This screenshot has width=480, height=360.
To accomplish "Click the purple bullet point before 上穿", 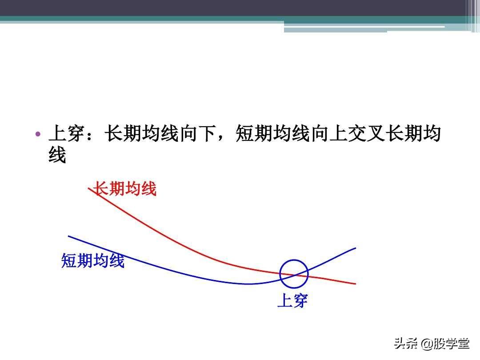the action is (38, 134).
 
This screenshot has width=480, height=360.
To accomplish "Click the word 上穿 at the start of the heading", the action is (66, 133).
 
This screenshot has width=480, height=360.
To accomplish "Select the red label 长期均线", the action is (124, 188).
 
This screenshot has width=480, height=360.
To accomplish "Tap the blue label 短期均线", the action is (93, 261).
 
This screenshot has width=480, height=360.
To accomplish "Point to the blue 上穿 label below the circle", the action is (292, 300).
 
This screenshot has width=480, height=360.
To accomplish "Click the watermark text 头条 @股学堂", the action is (432, 344).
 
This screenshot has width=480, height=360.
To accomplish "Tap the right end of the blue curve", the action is (356, 248).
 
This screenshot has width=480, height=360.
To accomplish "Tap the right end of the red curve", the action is (356, 284).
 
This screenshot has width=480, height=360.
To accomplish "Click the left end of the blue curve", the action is (68, 236).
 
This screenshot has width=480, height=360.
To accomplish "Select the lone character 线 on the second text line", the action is (57, 155).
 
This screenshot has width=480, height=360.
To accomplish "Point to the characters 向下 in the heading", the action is (198, 133).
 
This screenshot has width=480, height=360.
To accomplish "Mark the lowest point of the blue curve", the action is (248, 284).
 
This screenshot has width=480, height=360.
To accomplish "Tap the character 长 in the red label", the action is (101, 188).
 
